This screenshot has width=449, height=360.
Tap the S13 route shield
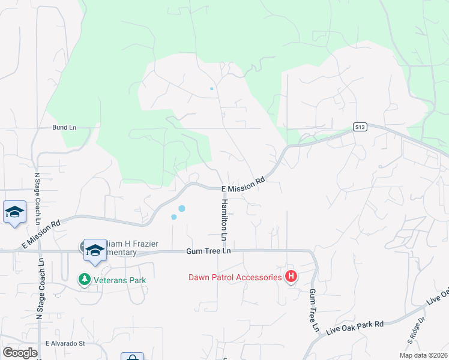click(359, 127)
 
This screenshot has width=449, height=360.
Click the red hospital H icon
click(291, 277)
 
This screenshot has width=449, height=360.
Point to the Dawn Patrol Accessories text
click(235, 277)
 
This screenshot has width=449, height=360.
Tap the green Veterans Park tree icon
click(84, 280)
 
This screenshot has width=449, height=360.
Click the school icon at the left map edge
click(14, 212)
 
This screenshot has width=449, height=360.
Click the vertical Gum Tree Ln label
click(313, 310)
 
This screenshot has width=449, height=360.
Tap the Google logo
click(20, 353)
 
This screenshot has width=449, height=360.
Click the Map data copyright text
click(424, 355)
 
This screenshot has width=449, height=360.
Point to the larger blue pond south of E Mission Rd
click(181, 208)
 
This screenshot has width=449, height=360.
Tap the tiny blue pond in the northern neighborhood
click(211, 89)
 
